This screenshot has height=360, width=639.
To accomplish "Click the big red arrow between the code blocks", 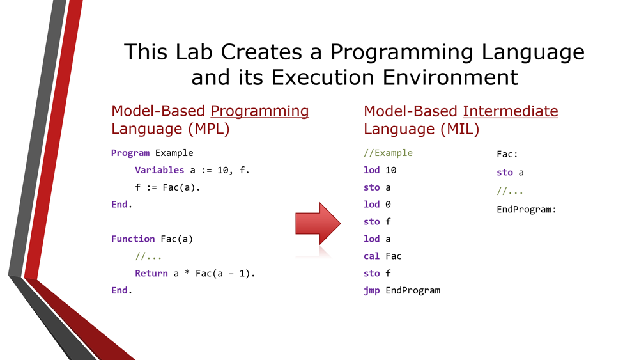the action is pyautogui.click(x=318, y=223).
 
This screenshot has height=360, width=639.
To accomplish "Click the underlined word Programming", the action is pyautogui.click(x=259, y=111).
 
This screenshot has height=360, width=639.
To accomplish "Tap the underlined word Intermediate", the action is pyautogui.click(x=510, y=111).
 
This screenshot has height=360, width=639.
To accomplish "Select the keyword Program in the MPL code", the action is pyautogui.click(x=130, y=153).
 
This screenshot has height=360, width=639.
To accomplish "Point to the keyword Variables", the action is pyautogui.click(x=159, y=170).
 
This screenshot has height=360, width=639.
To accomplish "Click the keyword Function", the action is pyautogui.click(x=133, y=239).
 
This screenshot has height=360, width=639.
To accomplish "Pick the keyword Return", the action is pyautogui.click(x=151, y=273).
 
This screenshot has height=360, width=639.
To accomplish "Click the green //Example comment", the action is pyautogui.click(x=388, y=153).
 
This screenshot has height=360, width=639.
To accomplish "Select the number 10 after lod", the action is pyautogui.click(x=391, y=170).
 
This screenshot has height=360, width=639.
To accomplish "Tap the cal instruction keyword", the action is pyautogui.click(x=371, y=256).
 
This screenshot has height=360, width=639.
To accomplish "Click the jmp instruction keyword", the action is pyautogui.click(x=372, y=291).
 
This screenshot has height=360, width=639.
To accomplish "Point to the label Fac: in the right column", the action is pyautogui.click(x=507, y=154).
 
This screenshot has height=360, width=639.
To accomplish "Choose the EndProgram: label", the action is pyautogui.click(x=526, y=210).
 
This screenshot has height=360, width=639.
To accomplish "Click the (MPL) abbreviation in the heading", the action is pyautogui.click(x=209, y=129).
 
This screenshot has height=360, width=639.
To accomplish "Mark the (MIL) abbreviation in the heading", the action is pyautogui.click(x=459, y=129).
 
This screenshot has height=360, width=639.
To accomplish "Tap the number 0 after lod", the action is pyautogui.click(x=388, y=204).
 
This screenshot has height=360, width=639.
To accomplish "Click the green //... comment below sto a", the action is pyautogui.click(x=510, y=191).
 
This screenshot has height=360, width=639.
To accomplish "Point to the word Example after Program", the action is pyautogui.click(x=174, y=153).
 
